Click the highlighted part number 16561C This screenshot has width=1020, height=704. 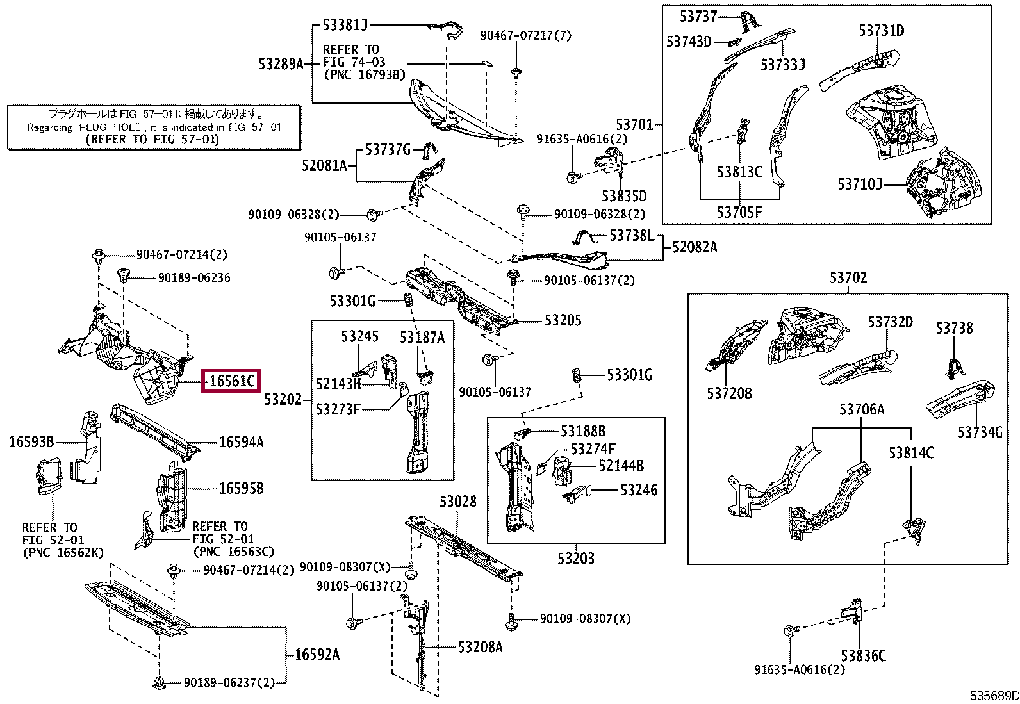231,381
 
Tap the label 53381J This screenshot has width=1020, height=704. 345,24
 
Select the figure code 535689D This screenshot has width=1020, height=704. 994,696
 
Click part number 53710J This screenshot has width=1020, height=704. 860,184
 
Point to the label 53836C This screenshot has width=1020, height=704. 864,656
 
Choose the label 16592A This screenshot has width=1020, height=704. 317,655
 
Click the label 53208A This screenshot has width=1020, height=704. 480,646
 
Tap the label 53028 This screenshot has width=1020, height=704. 458,502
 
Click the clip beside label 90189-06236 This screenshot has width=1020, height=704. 124,275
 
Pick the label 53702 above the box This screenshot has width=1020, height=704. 848,277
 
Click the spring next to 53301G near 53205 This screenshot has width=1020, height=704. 409,300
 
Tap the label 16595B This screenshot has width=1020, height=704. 242,488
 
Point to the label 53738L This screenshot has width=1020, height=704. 632,235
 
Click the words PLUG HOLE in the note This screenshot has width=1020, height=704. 110,127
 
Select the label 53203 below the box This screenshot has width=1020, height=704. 576,558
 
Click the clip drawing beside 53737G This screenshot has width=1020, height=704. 429,151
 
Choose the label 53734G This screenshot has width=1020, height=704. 980,432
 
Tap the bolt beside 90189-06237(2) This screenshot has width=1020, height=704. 158,683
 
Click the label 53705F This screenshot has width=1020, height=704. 739,212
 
